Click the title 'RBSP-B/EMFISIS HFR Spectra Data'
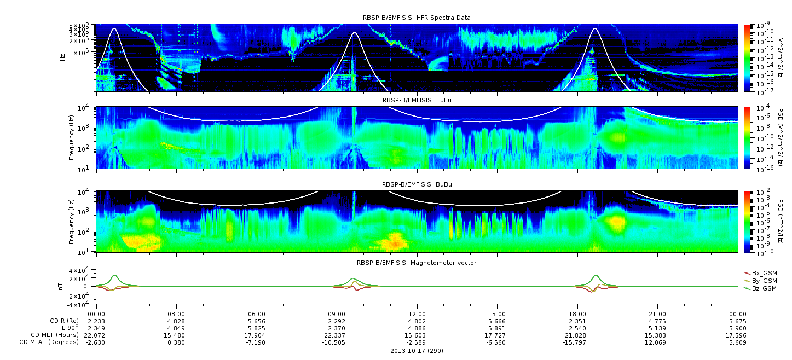tap(417, 18)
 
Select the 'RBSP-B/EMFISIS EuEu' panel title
tap(417, 100)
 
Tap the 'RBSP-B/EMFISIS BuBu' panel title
tap(417, 184)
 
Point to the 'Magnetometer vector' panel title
tap(443, 263)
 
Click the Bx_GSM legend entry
tap(761, 273)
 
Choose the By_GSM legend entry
tap(761, 281)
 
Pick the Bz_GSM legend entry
tap(761, 288)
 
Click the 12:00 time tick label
tap(417, 314)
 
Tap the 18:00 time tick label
tap(577, 314)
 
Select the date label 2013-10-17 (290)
tap(417, 351)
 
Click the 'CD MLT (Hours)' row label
tap(55, 335)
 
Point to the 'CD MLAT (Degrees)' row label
tap(49, 342)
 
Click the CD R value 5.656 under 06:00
tap(257, 321)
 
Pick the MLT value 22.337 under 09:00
tap(337, 335)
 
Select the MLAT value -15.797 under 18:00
tap(577, 342)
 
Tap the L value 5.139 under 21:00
tap(657, 328)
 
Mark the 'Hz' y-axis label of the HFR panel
tap(62, 57)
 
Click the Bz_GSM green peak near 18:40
tap(596, 275)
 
